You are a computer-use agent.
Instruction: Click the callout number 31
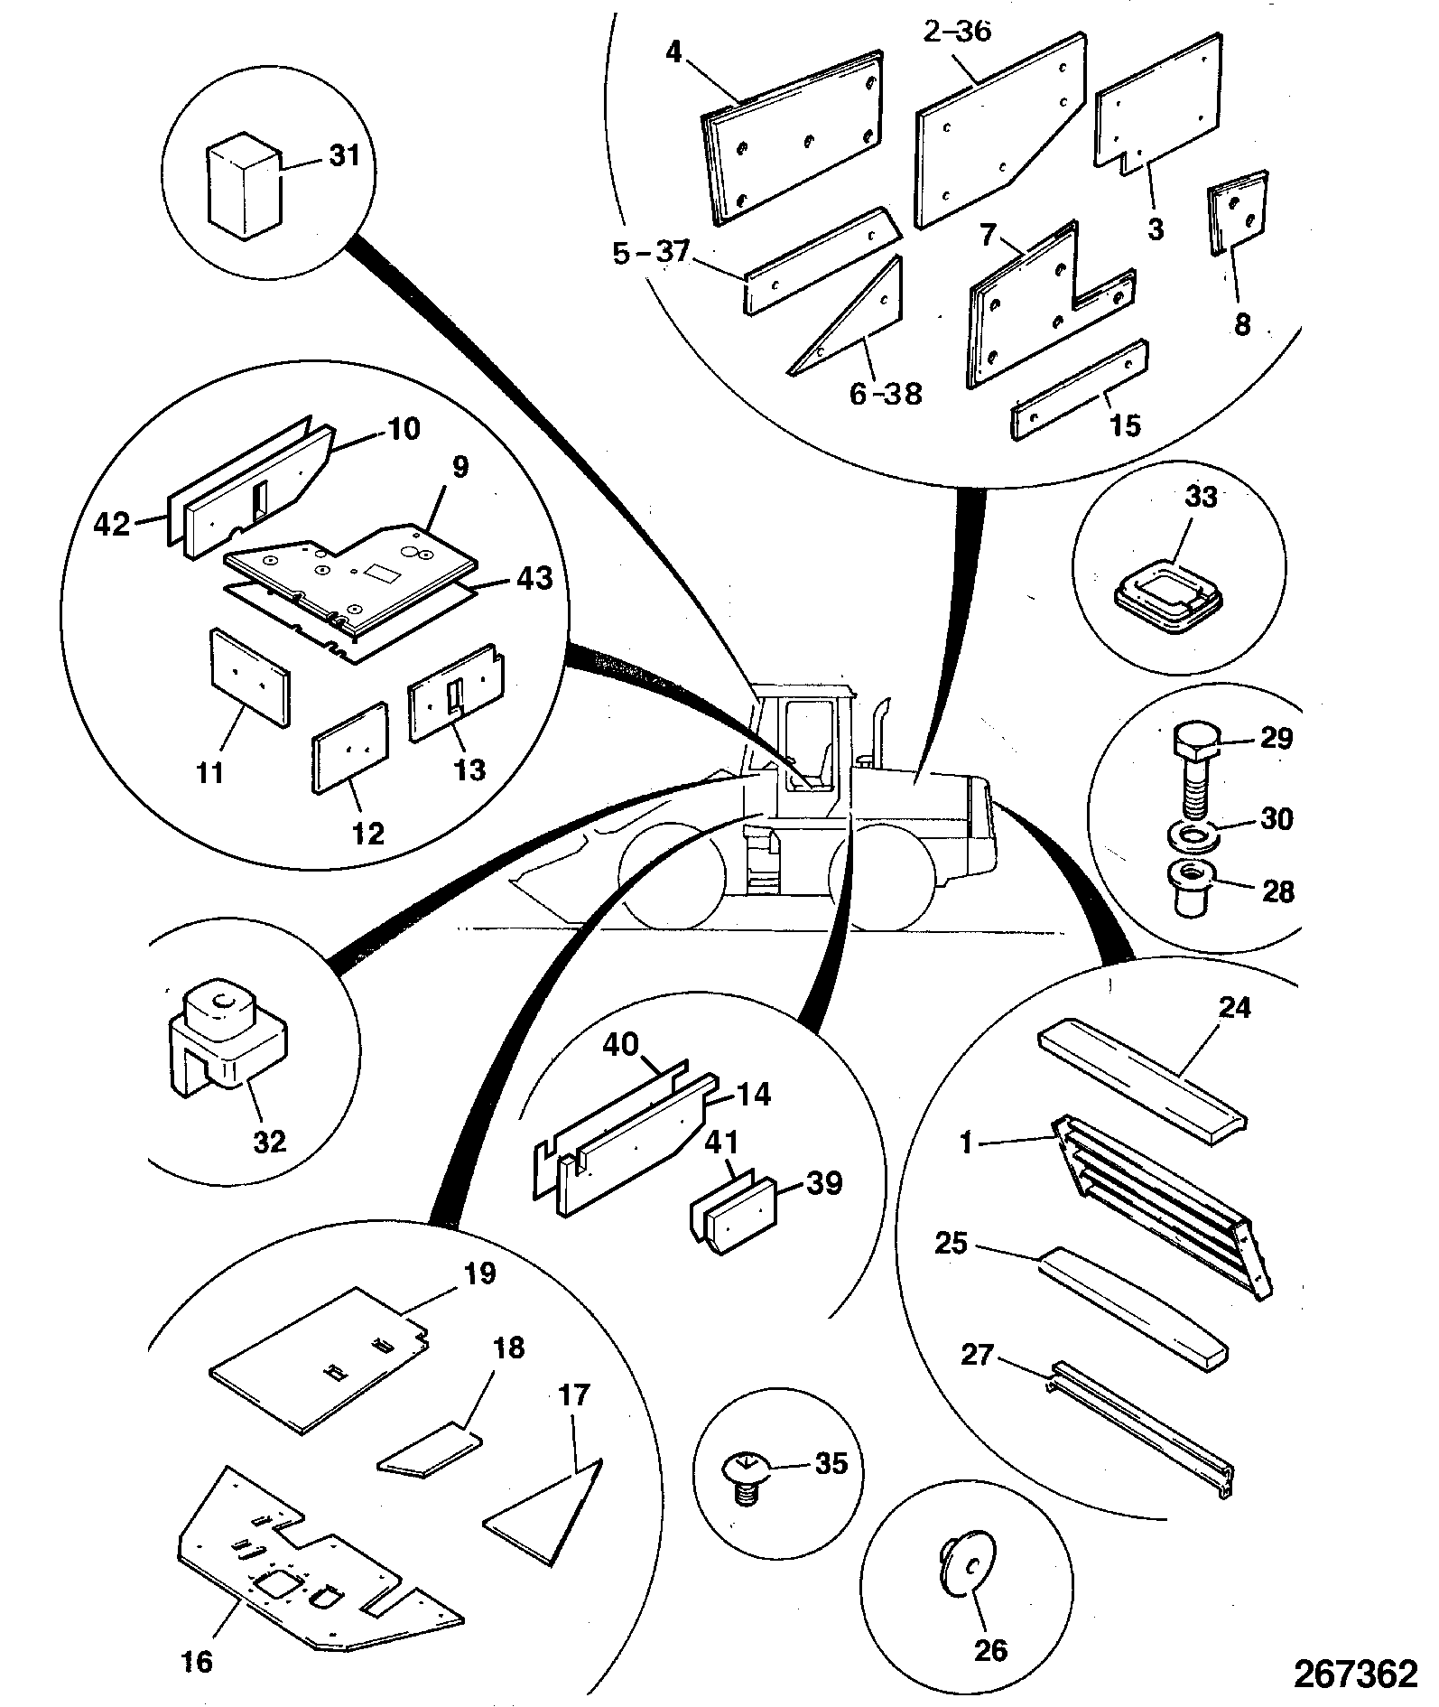point(343,155)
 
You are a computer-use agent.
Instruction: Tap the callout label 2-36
point(958,32)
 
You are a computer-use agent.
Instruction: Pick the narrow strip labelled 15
point(1081,390)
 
